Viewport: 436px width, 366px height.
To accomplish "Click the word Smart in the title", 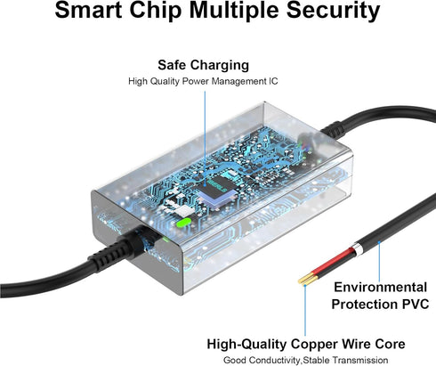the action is (88, 10).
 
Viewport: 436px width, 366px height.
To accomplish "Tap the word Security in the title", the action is (333, 12).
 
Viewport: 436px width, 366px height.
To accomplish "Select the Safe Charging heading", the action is (203, 65).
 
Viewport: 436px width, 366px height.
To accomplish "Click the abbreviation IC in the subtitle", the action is (273, 81).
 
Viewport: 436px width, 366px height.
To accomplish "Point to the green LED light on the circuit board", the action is (183, 223).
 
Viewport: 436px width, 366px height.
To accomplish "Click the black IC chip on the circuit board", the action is (217, 186).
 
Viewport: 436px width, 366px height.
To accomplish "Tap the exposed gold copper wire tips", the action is (308, 280).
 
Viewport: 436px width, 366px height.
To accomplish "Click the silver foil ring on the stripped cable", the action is (357, 249).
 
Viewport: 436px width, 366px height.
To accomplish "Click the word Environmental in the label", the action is (381, 287).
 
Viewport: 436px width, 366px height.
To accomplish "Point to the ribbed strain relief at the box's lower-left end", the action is (118, 251).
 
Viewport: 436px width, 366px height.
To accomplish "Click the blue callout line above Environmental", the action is (379, 261).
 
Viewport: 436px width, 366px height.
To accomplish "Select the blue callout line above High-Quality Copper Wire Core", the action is (305, 310).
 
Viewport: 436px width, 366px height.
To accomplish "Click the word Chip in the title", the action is (156, 12).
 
